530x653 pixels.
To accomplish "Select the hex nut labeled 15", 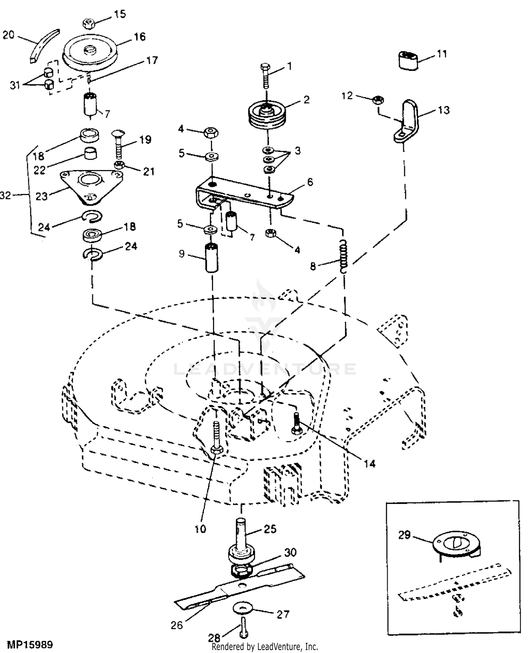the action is tap(88, 24).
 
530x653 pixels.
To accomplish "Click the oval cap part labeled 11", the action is tap(408, 60).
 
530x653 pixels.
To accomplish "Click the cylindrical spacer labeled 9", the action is tap(212, 258).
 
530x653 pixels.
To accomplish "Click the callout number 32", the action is tap(6, 195).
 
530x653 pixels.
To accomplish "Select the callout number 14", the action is tap(370, 463).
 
